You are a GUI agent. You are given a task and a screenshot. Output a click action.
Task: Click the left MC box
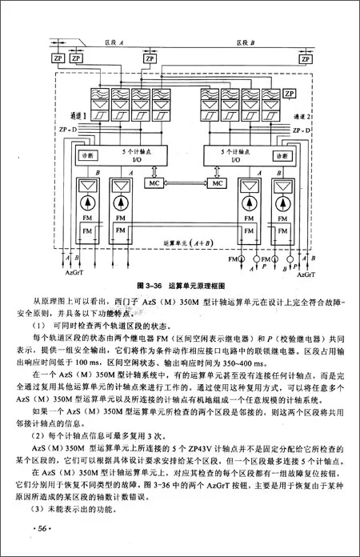154,183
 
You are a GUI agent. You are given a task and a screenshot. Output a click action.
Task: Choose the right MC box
215,183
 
